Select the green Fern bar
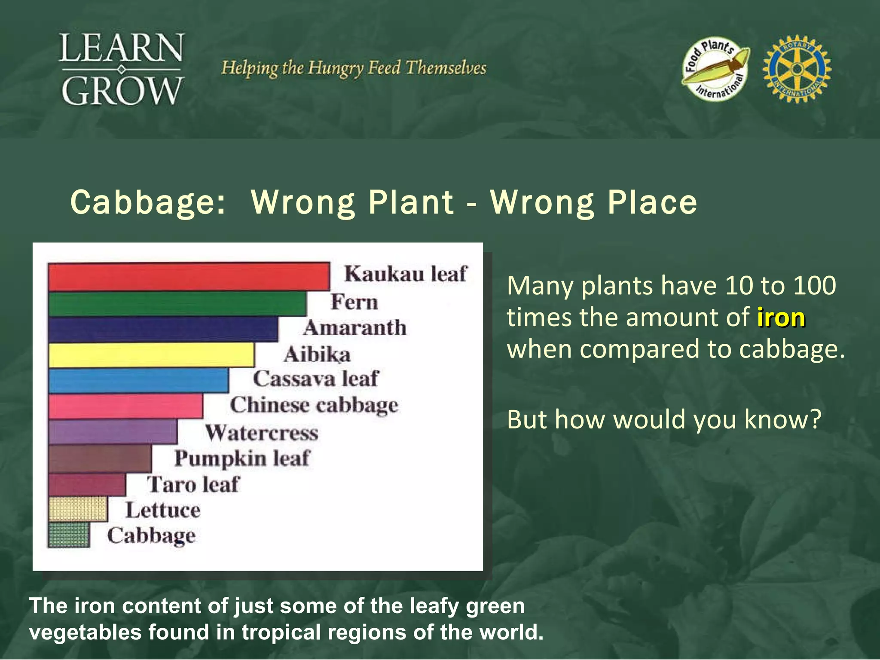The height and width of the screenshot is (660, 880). [x=177, y=304]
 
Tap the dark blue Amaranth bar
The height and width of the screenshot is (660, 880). [x=163, y=329]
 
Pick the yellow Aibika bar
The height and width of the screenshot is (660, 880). [x=151, y=355]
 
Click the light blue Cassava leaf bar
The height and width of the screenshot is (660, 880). [x=138, y=381]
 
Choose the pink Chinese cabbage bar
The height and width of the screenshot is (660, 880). [x=125, y=406]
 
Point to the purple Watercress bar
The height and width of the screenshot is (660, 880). [x=112, y=432]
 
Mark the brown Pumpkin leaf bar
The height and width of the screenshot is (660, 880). [x=100, y=458]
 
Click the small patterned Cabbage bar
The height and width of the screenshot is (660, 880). [x=69, y=535]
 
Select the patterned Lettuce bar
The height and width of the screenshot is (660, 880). [x=78, y=509]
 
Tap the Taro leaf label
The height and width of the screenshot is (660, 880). [x=193, y=484]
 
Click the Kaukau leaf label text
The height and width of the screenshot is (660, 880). [x=405, y=274]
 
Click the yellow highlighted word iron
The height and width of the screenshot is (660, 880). [x=781, y=318]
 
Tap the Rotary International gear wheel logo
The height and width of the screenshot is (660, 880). [x=797, y=69]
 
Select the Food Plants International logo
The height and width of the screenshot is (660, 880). [x=715, y=69]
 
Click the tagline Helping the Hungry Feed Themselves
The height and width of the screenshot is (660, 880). [x=353, y=68]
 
